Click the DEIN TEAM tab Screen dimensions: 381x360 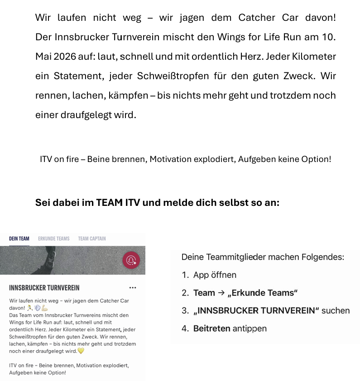click(x=19, y=239)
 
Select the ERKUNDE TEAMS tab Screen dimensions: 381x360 click(x=53, y=239)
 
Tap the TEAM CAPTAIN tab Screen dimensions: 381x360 click(x=92, y=239)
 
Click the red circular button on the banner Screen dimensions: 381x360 click(x=131, y=260)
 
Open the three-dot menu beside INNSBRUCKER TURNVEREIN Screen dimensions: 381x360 click(x=132, y=288)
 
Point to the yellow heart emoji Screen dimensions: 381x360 click(x=81, y=351)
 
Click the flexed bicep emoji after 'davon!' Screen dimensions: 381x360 click(x=44, y=308)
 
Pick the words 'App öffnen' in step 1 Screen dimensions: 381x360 click(x=215, y=275)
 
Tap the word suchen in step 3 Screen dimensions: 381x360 click(x=336, y=311)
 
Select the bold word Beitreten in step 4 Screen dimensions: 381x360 click(x=211, y=329)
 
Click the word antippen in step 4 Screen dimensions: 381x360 click(x=250, y=329)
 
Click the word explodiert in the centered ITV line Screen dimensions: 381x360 click(x=214, y=159)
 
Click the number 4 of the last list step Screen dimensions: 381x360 click(x=185, y=329)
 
